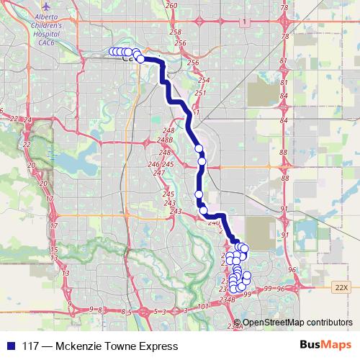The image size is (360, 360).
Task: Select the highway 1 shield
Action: point(245,23)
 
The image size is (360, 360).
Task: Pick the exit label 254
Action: point(204,80)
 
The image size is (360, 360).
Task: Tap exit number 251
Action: point(200,94)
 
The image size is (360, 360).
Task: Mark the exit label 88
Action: point(284,153)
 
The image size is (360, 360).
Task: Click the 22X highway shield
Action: point(341,287)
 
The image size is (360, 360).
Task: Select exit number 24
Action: point(28,120)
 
